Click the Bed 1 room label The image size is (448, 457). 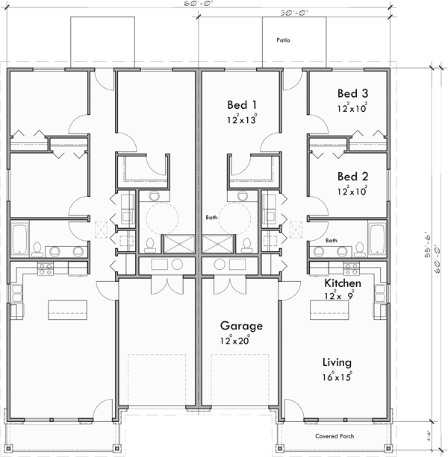[x=242, y=104]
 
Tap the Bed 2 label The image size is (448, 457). [x=352, y=177]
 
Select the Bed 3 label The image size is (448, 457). [x=352, y=93]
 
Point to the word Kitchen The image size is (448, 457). [x=343, y=283]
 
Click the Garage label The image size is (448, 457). [x=240, y=326]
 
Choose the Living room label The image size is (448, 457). [x=337, y=362]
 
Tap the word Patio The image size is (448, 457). [x=282, y=40]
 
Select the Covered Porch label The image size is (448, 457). [x=335, y=436]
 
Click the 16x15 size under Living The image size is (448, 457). [x=337, y=377]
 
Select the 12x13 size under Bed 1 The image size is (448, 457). [x=243, y=119]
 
